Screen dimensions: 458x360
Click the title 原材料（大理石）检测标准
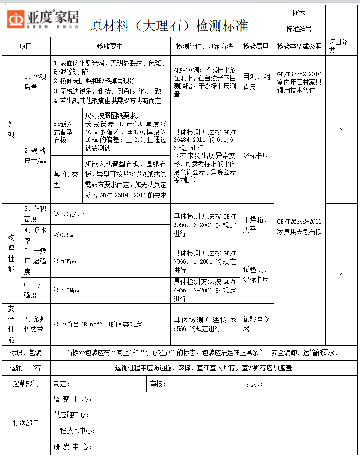point(169,25)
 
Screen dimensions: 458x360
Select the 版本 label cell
point(299,14)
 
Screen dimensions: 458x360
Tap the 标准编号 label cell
point(299,29)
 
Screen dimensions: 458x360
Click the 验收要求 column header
point(110,46)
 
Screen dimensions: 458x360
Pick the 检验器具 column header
point(256,46)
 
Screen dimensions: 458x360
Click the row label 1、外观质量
point(35,82)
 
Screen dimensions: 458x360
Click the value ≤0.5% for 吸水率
point(63,235)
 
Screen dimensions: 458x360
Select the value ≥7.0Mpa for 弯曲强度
point(67,290)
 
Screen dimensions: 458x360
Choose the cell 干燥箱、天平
point(256,224)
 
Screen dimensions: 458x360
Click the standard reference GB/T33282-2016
point(299,74)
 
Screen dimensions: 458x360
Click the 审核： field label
point(158,384)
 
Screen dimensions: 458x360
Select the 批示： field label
point(254,384)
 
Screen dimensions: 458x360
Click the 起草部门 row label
point(26,384)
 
